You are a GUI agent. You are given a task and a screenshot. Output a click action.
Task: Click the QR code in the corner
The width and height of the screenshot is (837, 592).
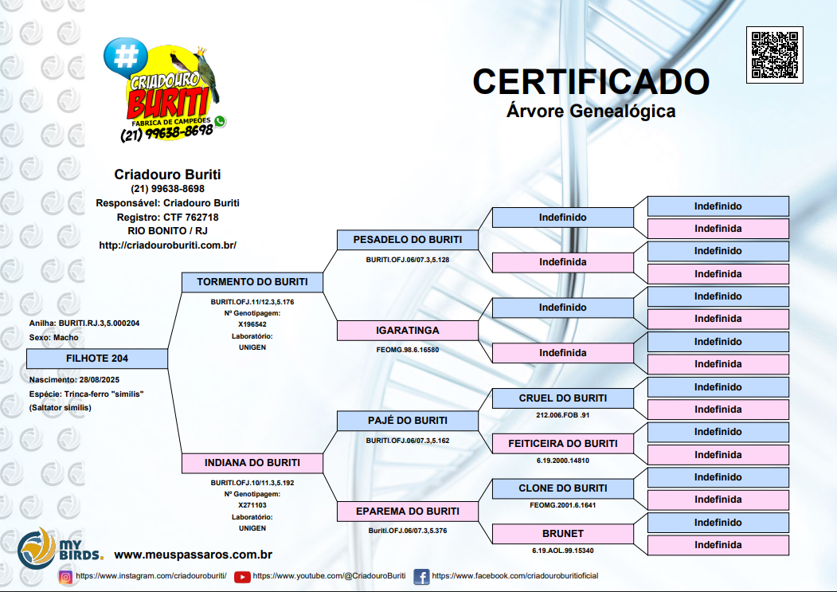pyautogui.click(x=774, y=55)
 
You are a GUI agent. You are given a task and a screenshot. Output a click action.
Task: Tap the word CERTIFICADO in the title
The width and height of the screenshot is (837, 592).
pyautogui.click(x=590, y=81)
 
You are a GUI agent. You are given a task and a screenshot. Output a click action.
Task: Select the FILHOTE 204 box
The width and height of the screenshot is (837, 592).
pyautogui.click(x=96, y=359)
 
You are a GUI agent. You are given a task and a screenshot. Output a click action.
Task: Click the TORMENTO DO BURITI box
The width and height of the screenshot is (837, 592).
pyautogui.click(x=252, y=282)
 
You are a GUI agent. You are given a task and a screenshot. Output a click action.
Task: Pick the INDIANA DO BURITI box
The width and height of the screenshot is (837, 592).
pyautogui.click(x=252, y=463)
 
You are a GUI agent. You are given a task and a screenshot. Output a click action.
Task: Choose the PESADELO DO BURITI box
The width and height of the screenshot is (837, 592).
pyautogui.click(x=407, y=239)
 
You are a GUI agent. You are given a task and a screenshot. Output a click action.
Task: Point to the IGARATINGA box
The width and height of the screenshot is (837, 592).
pyautogui.click(x=407, y=330)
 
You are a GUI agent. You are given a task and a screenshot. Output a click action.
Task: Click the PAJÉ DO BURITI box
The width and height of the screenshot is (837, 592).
pyautogui.click(x=407, y=421)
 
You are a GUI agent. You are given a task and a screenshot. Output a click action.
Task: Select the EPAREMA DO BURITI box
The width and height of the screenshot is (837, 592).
pyautogui.click(x=407, y=511)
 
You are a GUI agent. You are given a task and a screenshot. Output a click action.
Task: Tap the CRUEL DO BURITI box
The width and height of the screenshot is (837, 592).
pyautogui.click(x=562, y=398)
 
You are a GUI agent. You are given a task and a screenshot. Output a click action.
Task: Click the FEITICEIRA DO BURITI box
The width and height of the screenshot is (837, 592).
pyautogui.click(x=562, y=443)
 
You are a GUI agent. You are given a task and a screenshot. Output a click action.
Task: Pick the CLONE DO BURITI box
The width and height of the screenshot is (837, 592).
pyautogui.click(x=562, y=488)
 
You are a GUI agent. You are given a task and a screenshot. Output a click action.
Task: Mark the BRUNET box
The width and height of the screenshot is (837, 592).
pyautogui.click(x=562, y=533)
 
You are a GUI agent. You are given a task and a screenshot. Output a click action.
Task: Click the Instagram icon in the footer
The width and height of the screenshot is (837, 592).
pyautogui.click(x=66, y=576)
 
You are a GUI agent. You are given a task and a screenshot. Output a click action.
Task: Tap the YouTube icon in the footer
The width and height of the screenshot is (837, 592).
pyautogui.click(x=242, y=576)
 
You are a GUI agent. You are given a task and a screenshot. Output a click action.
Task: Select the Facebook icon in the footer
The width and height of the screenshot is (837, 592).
pyautogui.click(x=421, y=576)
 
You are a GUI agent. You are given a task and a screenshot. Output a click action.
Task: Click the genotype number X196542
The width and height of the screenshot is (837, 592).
pyautogui.click(x=252, y=324)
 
